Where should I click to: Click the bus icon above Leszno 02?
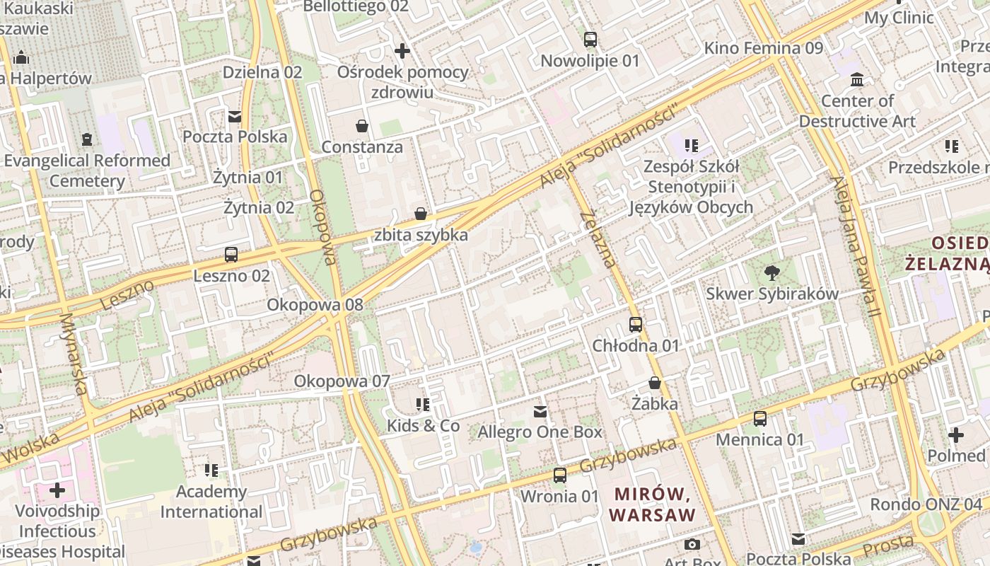click(231, 255)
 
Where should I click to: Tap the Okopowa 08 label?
click(315, 305)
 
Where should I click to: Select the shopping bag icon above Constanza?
click(362, 127)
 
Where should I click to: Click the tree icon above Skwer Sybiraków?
click(772, 272)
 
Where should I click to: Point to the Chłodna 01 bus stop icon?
click(636, 325)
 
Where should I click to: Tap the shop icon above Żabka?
click(655, 383)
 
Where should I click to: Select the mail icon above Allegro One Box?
click(540, 411)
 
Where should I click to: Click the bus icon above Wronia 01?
click(559, 475)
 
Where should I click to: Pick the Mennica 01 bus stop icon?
click(760, 419)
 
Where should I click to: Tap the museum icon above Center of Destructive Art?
click(857, 79)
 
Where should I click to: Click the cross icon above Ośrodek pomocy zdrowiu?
click(402, 51)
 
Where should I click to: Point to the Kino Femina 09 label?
click(764, 48)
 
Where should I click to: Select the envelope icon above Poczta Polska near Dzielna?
click(235, 116)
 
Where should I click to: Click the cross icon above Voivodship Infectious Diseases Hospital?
click(57, 490)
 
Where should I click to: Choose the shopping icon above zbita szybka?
click(421, 214)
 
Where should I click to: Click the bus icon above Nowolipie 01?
click(590, 40)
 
